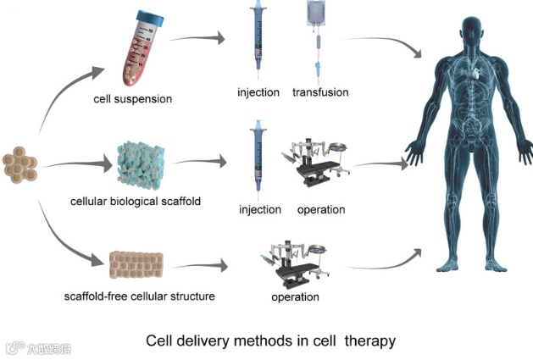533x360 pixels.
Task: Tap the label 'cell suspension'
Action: tap(133, 99)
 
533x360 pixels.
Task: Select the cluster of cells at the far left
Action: tap(20, 166)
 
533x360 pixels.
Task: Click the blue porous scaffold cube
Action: tap(144, 162)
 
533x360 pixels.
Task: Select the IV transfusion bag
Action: tap(319, 25)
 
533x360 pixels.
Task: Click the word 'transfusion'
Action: tap(320, 92)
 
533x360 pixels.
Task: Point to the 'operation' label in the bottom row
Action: tap(295, 297)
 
